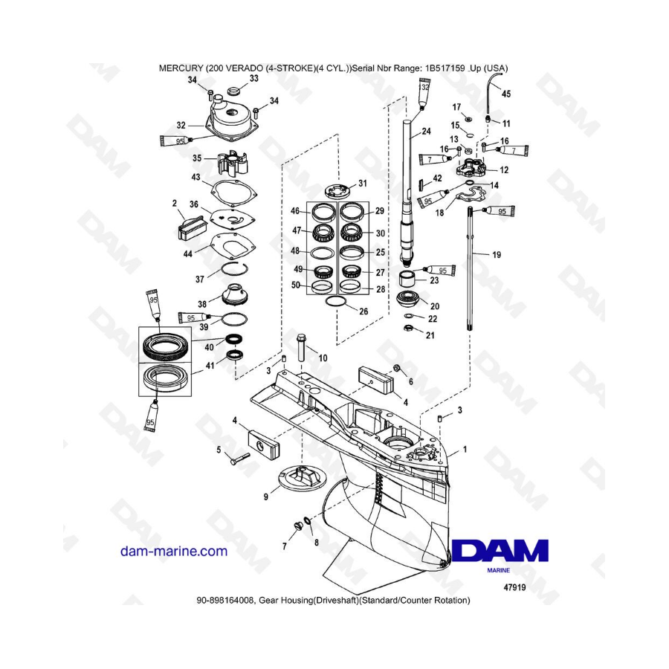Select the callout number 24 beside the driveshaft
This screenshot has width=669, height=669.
click(426, 132)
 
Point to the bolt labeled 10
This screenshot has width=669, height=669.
click(302, 347)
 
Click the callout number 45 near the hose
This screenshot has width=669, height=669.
click(506, 94)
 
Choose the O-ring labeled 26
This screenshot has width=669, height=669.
click(336, 301)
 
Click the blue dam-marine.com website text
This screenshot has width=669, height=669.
click(174, 551)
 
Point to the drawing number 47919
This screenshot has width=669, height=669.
click(514, 587)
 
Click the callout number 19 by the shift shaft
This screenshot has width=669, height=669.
click(497, 255)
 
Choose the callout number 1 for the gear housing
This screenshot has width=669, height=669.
click(465, 449)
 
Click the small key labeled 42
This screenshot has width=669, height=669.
click(420, 184)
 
